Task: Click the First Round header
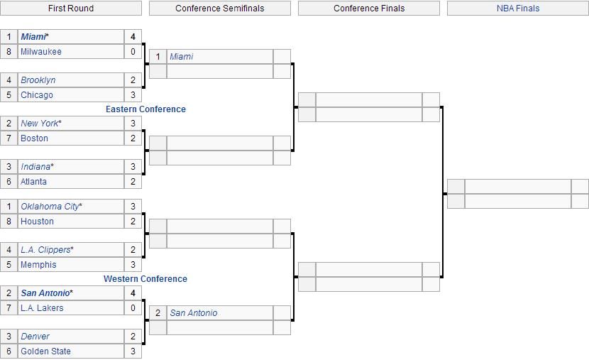coord(71,9)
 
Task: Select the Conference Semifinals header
coord(219,9)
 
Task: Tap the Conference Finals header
coord(369,9)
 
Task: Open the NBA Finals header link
coord(518,9)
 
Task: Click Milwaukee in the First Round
coord(41,52)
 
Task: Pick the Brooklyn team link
coord(38,80)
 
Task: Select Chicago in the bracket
coord(37,95)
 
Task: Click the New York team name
coord(40,124)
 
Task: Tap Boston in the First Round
coord(34,138)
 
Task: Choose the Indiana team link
coord(35,167)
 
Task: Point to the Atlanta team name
coord(33,182)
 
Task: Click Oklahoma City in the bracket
coord(50,207)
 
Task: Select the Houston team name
coord(37,222)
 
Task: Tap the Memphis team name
coord(38,265)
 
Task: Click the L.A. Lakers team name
coord(42,308)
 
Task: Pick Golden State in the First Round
coord(45,351)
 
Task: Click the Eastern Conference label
coord(145,109)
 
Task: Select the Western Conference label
coord(145,279)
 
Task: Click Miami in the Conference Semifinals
coord(181,57)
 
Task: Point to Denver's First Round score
coord(133,337)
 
